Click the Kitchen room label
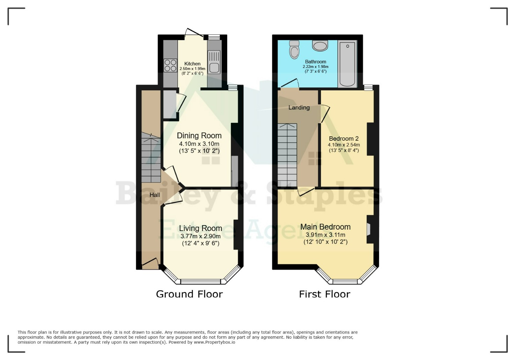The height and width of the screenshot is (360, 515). point(192,63)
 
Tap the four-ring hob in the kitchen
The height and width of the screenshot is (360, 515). point(170,65)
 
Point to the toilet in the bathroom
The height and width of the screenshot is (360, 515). point(294,50)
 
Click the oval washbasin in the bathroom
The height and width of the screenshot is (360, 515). point(320,46)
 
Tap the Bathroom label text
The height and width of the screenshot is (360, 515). point(316,61)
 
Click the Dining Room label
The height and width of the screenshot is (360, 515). point(199,136)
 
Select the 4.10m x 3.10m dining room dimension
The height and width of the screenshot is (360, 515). point(199,144)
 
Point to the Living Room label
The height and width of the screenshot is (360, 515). point(201,228)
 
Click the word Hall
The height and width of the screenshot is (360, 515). point(155,195)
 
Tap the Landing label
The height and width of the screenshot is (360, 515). point(299,107)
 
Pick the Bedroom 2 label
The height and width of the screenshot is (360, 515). point(344,139)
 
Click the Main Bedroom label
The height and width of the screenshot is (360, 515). point(325,227)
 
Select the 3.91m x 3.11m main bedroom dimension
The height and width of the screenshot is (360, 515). point(325,235)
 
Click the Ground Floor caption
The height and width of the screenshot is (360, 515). point(190,294)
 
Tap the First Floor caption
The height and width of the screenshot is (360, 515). point(324,294)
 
